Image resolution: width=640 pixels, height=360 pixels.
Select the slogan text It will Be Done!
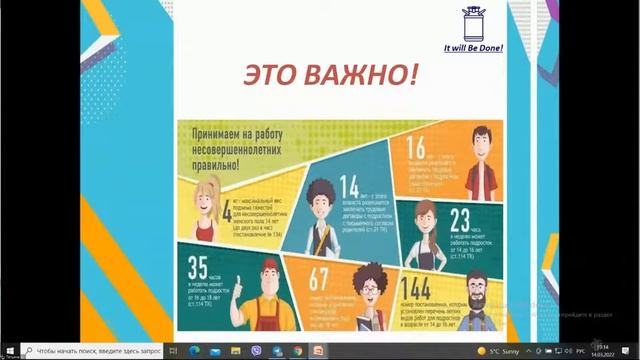tap(473, 48)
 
